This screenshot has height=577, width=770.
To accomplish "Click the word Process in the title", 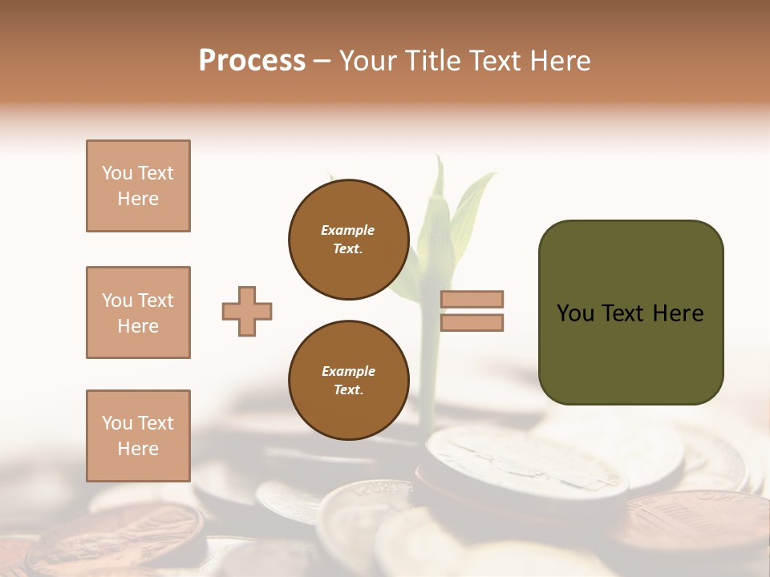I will coord(252,60).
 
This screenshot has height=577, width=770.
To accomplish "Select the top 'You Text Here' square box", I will coord(138,186).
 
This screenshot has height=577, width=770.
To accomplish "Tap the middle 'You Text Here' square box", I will coord(138,313).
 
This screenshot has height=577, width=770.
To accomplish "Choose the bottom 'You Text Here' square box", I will coord(138,436).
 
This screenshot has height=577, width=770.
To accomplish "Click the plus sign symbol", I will coord(247,311).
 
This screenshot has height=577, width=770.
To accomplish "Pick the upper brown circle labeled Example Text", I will coord(348,240).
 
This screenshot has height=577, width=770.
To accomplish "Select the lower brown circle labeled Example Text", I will coord(348,381).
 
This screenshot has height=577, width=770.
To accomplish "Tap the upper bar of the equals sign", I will coord(472,299).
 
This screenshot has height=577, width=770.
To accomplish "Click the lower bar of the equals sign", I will coord(472,323).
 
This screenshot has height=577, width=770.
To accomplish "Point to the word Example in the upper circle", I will coord(348,230).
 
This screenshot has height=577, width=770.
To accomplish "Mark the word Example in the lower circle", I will coord(348,371).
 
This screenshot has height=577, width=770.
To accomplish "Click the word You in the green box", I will coord(575,313).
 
